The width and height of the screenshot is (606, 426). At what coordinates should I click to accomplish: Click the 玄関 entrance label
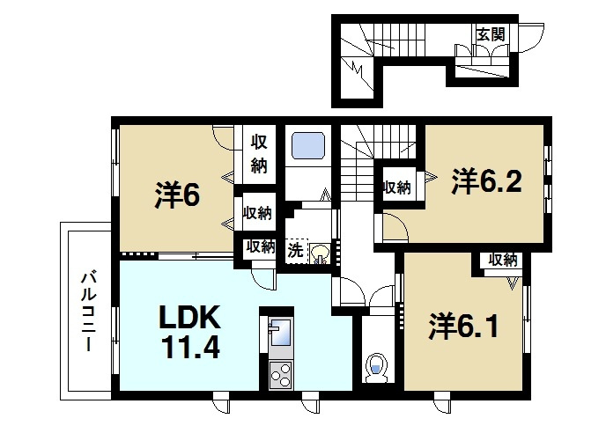(x=490, y=34)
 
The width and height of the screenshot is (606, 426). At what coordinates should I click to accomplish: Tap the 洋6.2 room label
(x=488, y=181)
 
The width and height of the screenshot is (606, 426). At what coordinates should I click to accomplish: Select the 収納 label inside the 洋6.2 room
(x=396, y=187)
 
